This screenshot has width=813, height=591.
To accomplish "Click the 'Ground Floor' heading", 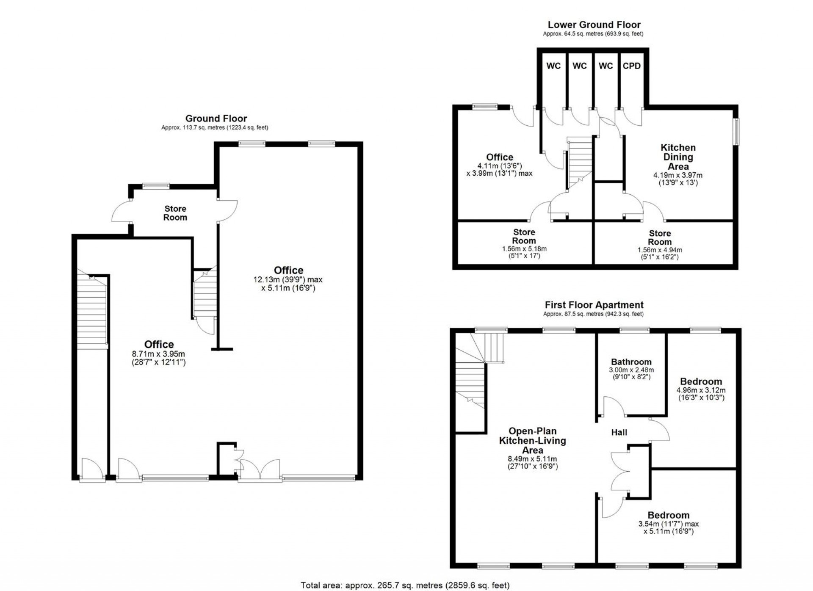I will point(216,119).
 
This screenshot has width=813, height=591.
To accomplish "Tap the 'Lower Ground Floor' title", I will point(594,25).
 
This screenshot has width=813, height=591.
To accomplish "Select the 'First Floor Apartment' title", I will point(594,305).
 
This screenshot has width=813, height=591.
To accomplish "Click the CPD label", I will point(631,66).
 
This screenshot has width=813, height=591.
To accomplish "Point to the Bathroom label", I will point(631,362).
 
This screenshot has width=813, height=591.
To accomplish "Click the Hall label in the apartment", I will point(619,432).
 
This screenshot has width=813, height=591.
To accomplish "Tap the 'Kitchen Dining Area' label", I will point(678,157).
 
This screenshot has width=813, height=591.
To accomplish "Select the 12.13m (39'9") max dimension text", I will point(288,280).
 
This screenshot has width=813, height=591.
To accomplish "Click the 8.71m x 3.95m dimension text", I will point(158,354).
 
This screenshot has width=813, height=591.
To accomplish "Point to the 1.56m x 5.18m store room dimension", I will point(524,249).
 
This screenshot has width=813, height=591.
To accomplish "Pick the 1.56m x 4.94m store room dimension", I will point(660,250).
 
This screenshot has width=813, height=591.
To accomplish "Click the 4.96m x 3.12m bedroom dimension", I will point(701,390).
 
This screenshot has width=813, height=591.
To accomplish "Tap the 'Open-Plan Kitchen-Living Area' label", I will point(532,440).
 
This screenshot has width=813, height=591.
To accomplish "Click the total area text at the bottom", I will point(405,585).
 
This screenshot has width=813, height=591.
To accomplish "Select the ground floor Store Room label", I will point(175,213).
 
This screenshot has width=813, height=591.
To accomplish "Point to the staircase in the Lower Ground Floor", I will point(579,161).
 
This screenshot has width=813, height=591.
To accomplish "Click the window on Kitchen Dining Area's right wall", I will point(737,132).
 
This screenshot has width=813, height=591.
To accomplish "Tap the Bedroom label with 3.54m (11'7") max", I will point(668,515).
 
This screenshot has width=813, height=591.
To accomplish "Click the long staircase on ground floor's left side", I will point(91,313).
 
